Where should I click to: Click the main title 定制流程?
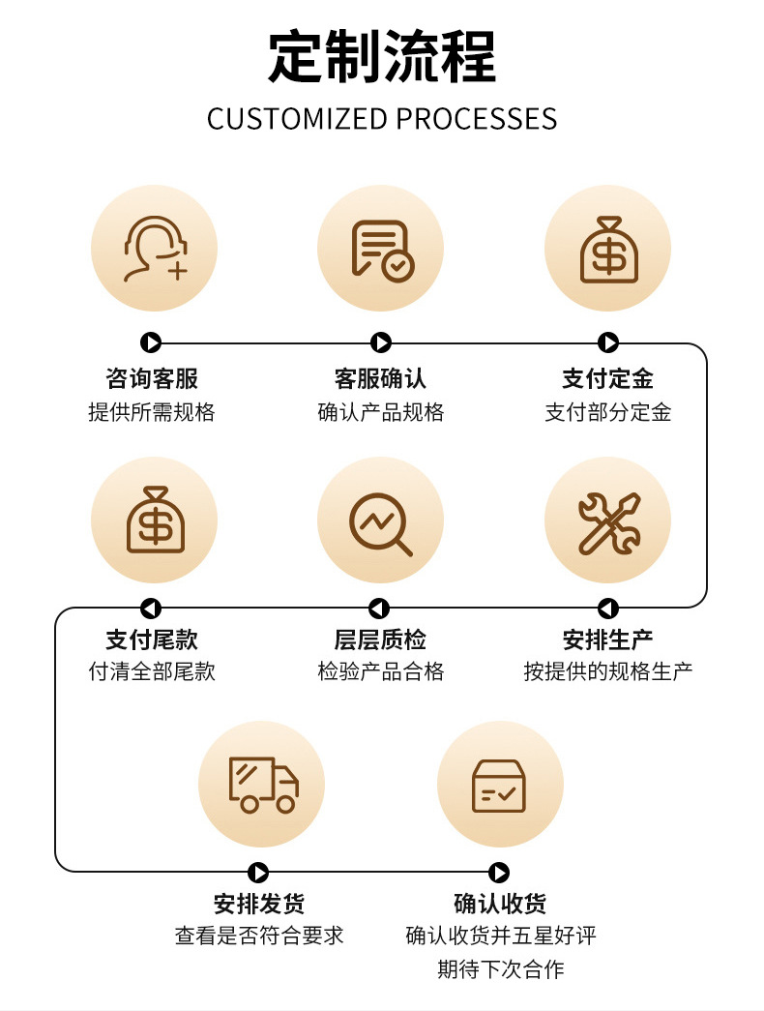coord(382,57)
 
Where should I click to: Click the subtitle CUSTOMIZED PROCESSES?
coord(382,119)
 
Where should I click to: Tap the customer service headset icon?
coord(155,249)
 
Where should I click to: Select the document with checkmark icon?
coord(381,249)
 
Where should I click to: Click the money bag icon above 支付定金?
coord(608,249)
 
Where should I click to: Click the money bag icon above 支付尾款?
coord(155,520)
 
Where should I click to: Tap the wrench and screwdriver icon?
coord(608,520)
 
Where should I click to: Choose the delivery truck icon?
coord(262,784)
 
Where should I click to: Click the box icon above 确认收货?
coord(499,784)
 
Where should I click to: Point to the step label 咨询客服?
coord(152,377)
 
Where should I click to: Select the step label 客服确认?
coord(380,377)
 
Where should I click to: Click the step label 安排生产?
coord(607,639)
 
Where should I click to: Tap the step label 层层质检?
coord(380,639)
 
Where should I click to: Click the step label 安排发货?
coord(259,904)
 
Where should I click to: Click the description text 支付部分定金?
coord(607,412)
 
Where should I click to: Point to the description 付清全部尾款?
coord(152,671)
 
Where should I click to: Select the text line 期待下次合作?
coord(500,968)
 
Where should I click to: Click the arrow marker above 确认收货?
coord(499,873)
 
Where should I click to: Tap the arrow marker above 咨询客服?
coord(151,342)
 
